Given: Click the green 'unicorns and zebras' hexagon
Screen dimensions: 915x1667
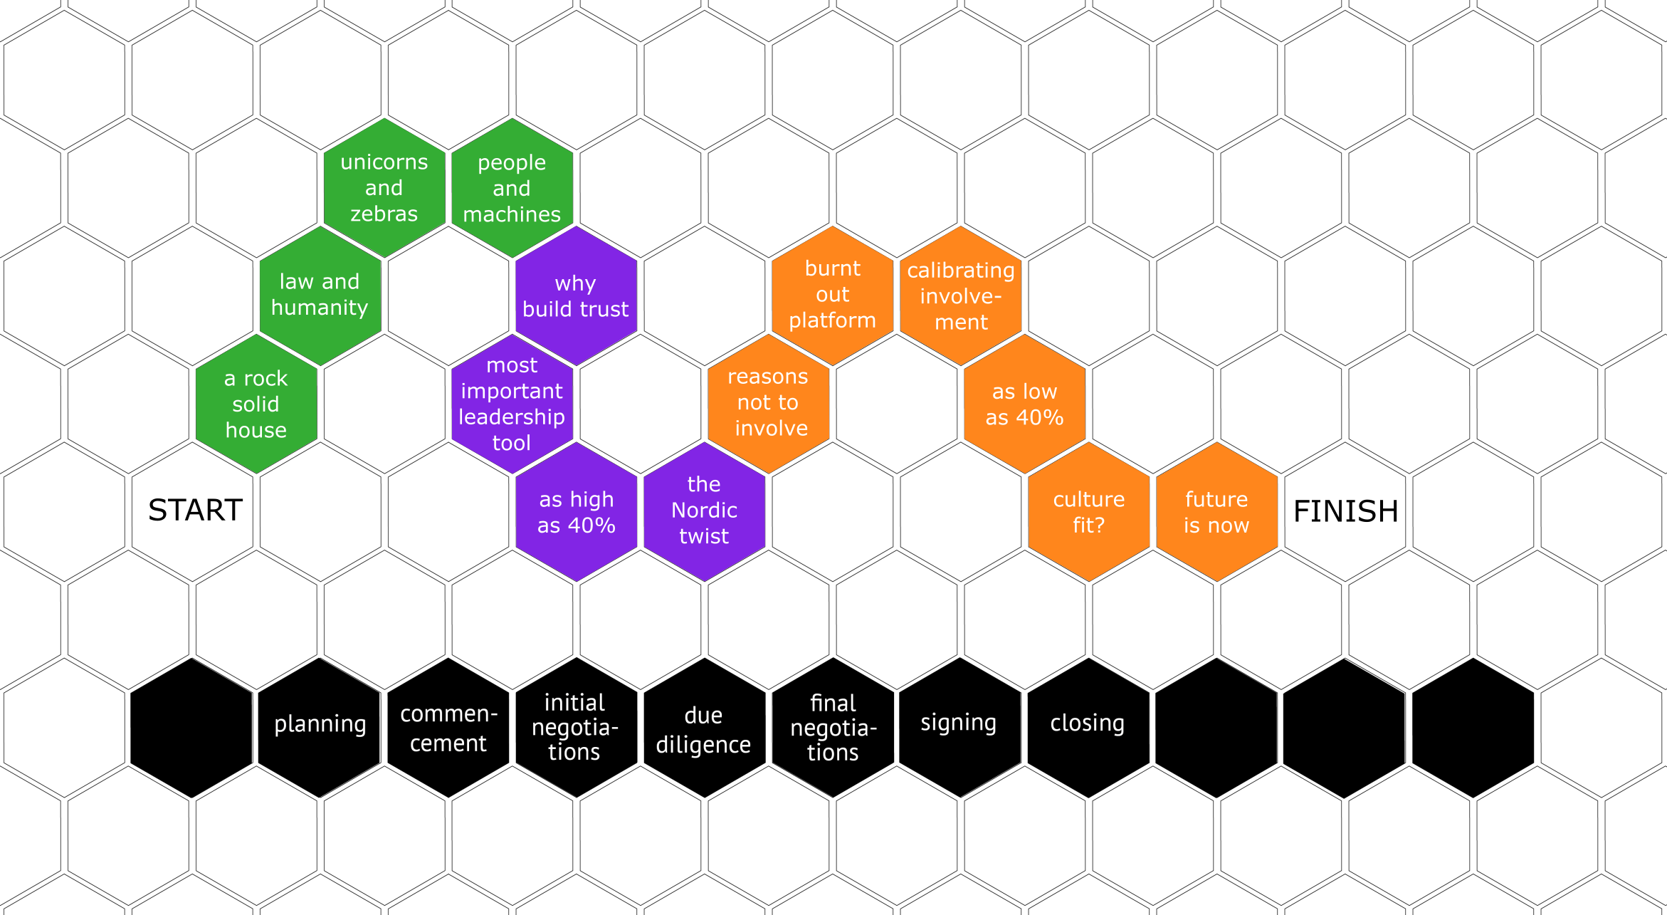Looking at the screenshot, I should click(x=384, y=188).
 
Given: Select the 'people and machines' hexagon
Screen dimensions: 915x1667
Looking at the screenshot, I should click(x=512, y=188).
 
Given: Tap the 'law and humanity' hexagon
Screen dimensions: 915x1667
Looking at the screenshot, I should click(x=320, y=296).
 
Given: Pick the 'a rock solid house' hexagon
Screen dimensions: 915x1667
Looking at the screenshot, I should click(x=256, y=404).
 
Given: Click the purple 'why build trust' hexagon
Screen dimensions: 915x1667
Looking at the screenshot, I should click(x=576, y=296).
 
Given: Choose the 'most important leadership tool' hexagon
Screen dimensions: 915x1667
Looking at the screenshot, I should click(x=512, y=404).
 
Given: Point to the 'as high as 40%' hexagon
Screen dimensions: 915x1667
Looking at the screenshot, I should click(x=577, y=512).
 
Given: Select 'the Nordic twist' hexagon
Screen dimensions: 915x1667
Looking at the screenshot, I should click(x=704, y=511).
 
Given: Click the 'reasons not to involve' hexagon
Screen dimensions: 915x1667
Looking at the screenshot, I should click(x=769, y=403).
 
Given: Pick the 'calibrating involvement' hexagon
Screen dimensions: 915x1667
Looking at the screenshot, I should click(x=961, y=296).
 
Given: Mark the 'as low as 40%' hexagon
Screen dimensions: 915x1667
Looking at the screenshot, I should click(x=1024, y=404).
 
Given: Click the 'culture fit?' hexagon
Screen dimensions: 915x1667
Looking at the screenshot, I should click(x=1089, y=512).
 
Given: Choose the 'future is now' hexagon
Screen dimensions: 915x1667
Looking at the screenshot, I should click(x=1216, y=512).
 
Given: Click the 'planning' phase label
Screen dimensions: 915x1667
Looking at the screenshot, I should click(x=320, y=723).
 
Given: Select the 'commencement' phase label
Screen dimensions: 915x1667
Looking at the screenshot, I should click(x=448, y=728).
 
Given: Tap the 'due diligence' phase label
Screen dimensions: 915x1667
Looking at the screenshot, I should click(x=703, y=729).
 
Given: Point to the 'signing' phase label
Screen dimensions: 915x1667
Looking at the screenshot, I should click(x=958, y=722).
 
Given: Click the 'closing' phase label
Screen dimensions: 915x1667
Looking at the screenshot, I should click(x=1087, y=723).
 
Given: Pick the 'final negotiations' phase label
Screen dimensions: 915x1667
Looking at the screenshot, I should click(x=833, y=728).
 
